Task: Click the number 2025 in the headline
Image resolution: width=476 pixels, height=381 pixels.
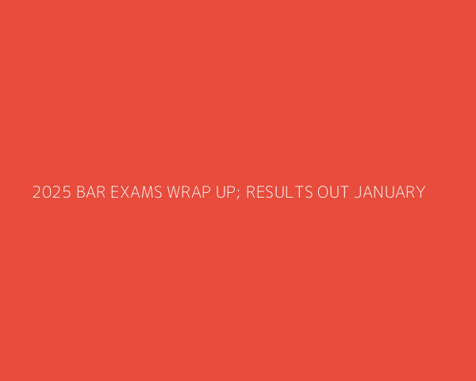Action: [x=52, y=192]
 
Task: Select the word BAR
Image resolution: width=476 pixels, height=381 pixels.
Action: [x=90, y=192]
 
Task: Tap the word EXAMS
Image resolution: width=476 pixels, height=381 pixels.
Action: [x=136, y=192]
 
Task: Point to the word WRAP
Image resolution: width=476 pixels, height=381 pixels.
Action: [x=189, y=192]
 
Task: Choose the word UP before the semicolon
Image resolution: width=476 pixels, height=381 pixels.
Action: [x=225, y=192]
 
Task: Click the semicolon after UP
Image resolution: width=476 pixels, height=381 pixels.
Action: [x=238, y=194]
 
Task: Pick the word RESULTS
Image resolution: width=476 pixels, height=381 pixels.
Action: [x=279, y=192]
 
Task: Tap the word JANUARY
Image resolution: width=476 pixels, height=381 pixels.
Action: [x=390, y=192]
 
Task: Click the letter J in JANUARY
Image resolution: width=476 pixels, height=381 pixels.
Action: [x=357, y=192]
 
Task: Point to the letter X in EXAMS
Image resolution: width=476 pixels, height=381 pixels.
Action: [x=125, y=192]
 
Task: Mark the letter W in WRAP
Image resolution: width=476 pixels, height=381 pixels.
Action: [x=174, y=192]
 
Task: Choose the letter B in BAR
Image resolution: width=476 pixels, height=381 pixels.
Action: [x=81, y=192]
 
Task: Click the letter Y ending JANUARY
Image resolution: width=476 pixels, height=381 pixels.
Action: [x=420, y=192]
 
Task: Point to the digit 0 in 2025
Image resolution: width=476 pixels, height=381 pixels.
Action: [x=47, y=192]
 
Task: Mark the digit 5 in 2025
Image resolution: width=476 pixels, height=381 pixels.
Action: [x=67, y=192]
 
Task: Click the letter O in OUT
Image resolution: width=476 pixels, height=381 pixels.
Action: [x=323, y=192]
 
